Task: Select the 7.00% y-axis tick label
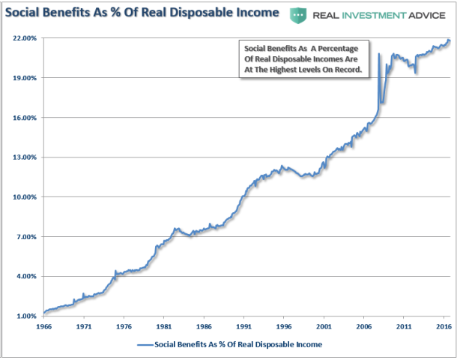[22, 237]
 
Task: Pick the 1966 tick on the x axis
[43, 328]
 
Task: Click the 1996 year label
[283, 328]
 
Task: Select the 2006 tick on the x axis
[363, 328]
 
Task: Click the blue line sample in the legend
[144, 345]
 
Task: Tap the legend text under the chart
[237, 345]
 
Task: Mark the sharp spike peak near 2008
[379, 54]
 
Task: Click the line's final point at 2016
[449, 40]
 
